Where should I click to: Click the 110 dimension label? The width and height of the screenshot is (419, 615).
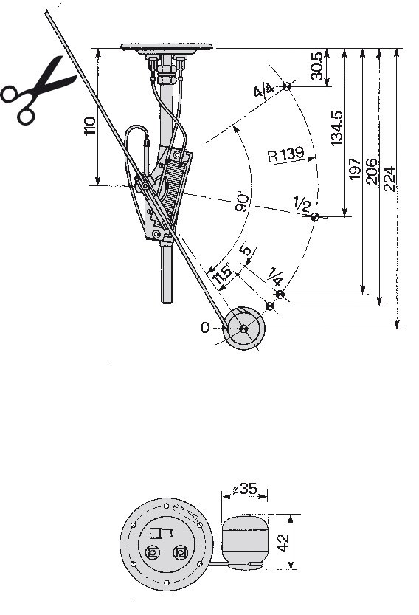[x=90, y=126]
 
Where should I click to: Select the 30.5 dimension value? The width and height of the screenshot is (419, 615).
[x=317, y=66]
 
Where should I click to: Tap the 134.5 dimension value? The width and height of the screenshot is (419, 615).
[x=336, y=128]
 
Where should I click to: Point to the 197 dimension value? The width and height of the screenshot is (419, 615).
[x=354, y=168]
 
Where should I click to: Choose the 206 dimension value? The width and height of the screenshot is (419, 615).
[x=371, y=171]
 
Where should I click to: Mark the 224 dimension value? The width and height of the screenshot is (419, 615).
[x=389, y=179]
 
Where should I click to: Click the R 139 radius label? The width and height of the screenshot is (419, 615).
[x=285, y=154]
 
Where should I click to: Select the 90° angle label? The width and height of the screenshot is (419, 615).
[x=243, y=202]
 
